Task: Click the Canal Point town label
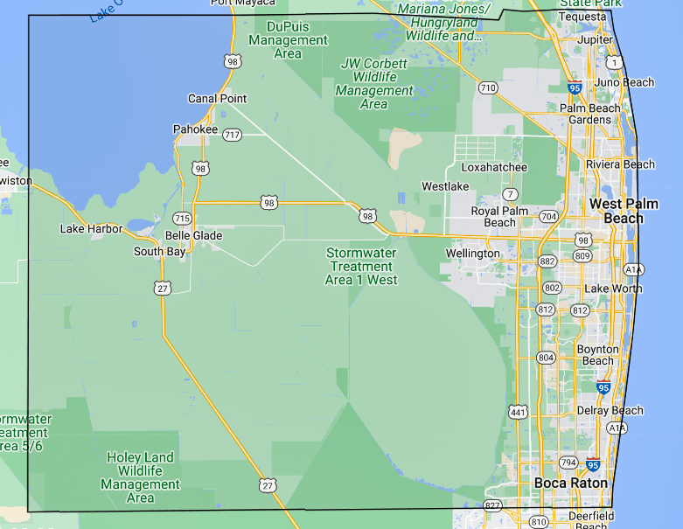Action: (218, 99)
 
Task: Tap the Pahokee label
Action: (195, 129)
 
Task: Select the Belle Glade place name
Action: (193, 235)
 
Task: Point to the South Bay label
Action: (159, 252)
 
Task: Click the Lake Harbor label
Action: (91, 229)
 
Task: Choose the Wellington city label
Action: (472, 254)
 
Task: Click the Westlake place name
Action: (445, 186)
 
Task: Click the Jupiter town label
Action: (596, 40)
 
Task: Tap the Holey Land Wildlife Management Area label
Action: (141, 477)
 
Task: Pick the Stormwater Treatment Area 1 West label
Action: (361, 267)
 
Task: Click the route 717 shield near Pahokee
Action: (232, 135)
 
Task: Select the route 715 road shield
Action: (182, 218)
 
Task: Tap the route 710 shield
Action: (488, 87)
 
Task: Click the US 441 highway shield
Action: (518, 411)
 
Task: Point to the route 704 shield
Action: (549, 216)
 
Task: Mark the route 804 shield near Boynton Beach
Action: (547, 358)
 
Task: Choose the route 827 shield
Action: (492, 506)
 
